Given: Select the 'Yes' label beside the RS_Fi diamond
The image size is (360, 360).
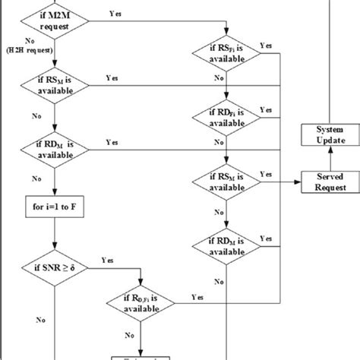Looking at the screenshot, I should [266, 46].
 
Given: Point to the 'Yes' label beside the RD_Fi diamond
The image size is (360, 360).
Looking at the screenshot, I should [267, 110].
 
